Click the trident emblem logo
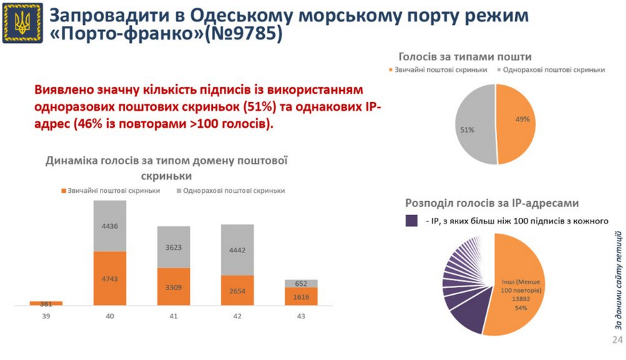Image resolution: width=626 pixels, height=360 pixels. pos(23,22)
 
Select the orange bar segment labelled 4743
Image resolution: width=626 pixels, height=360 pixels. pos(110,278)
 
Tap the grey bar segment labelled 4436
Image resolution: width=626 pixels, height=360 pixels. pos(110,225)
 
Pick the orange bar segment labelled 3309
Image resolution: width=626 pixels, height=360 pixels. pos(173,286)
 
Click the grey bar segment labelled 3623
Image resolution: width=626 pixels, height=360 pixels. pos(173,247)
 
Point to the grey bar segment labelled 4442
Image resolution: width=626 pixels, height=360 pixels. pos(237,250)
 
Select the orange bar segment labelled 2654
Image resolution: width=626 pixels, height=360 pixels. pos(237,291)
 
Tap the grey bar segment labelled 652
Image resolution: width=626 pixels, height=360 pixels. pos(301,283)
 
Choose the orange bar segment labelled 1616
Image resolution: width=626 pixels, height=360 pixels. pos(301,296)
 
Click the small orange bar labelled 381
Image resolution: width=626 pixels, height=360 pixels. pos(46,303)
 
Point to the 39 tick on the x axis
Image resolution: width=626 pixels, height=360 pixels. pos(46,316)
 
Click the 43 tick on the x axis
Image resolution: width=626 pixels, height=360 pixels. pos(301,316)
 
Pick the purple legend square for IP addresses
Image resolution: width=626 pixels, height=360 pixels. pos(411,221)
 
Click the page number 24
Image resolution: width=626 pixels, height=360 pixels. pos(616,340)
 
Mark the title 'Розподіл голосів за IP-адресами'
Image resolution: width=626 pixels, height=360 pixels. pos(492,203)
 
